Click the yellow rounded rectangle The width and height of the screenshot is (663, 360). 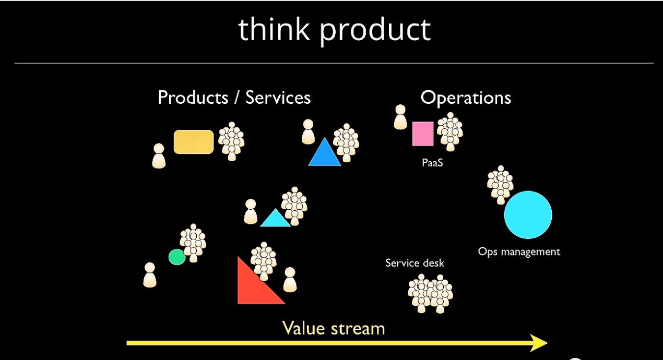[194, 142]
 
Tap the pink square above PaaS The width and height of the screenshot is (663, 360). [423, 134]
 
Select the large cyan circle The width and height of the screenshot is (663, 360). [528, 215]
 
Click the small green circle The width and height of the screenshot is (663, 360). [177, 257]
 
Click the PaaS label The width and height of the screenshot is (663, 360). [432, 163]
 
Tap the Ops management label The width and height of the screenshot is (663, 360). [519, 251]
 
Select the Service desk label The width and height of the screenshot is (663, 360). [415, 263]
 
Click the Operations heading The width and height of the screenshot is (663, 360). [466, 98]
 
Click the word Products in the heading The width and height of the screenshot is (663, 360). [193, 98]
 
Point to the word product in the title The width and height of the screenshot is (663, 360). [375, 31]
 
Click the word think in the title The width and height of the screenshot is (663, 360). [274, 29]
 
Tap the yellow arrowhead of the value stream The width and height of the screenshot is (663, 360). [539, 343]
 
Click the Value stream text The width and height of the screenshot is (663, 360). [334, 328]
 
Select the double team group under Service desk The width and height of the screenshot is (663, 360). [430, 293]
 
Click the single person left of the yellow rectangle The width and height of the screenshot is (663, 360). [159, 156]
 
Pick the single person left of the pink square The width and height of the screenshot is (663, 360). [400, 117]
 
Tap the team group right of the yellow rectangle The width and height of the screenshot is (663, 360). [231, 141]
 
